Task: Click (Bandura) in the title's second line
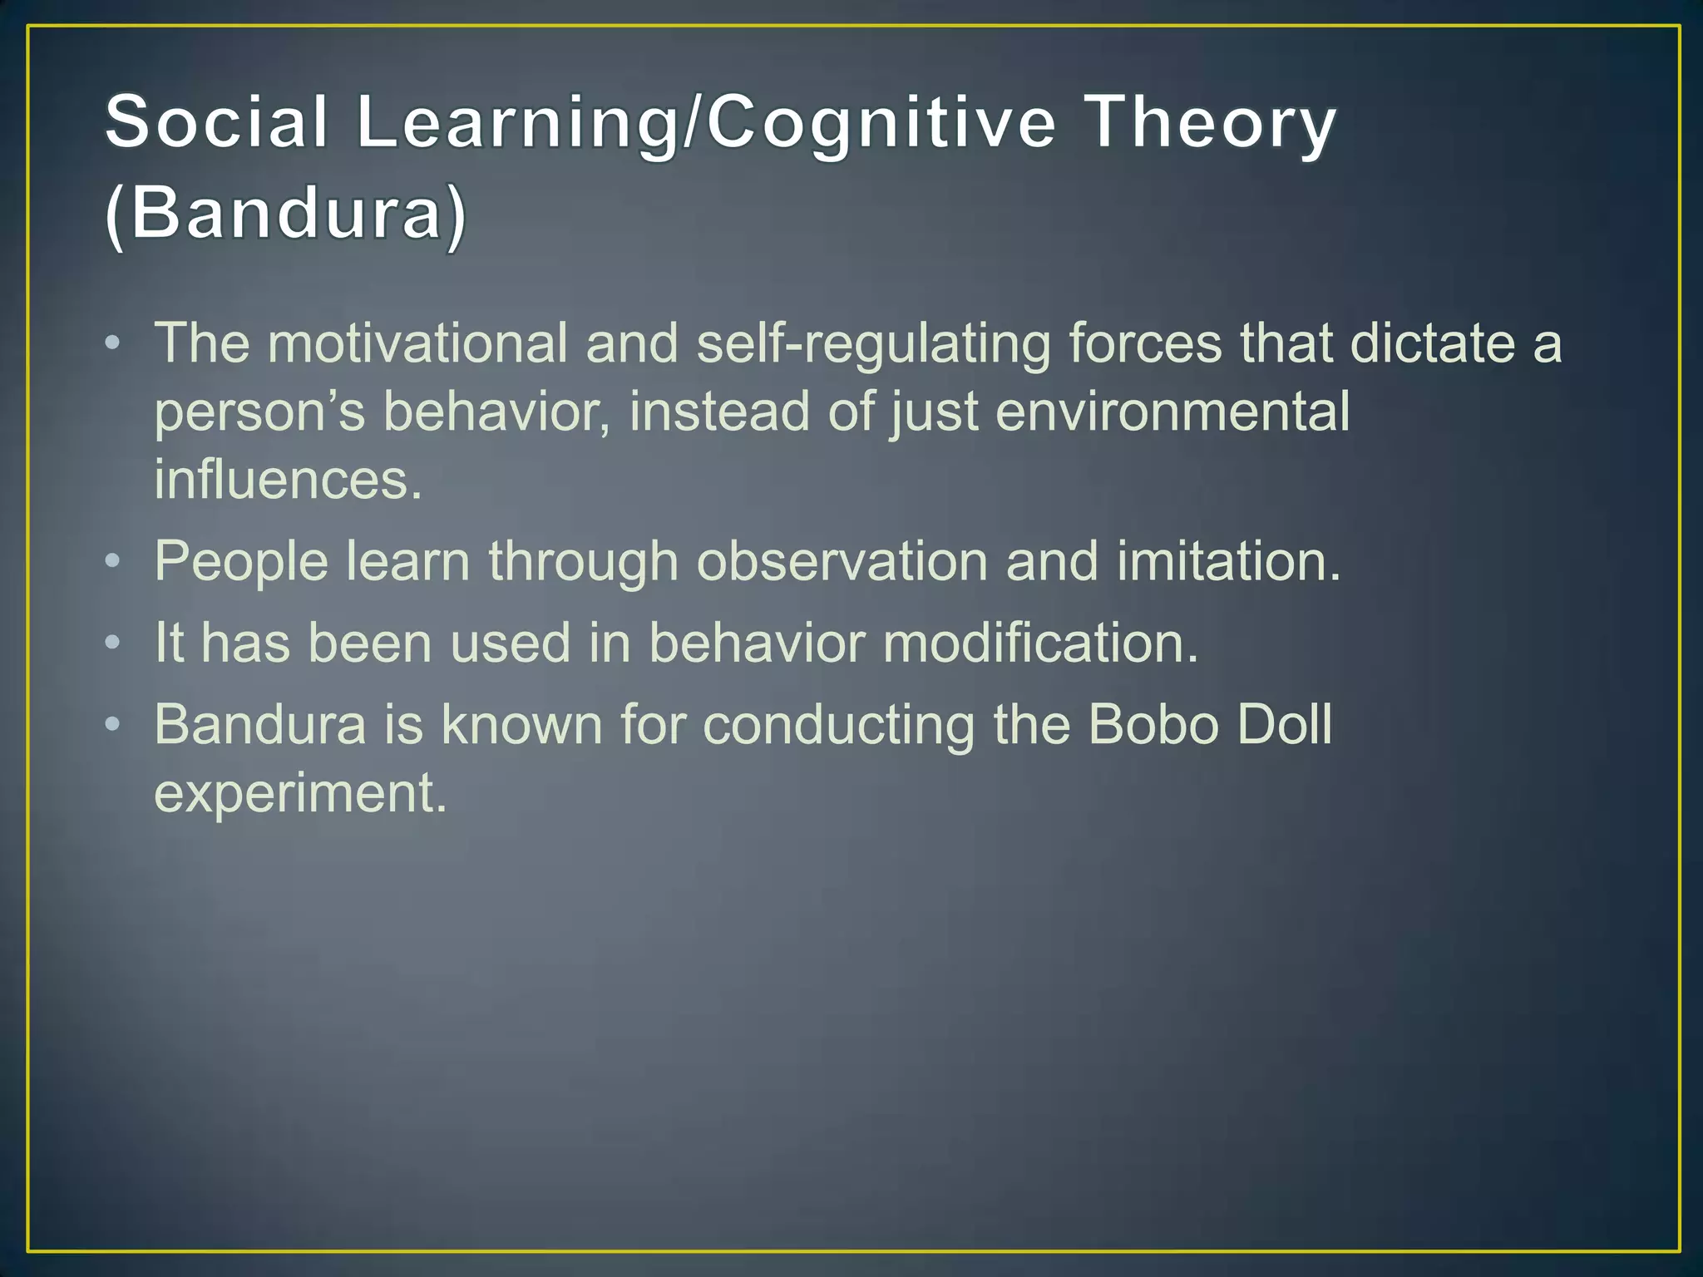pyautogui.click(x=286, y=214)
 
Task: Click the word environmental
pyautogui.click(x=1172, y=412)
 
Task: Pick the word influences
pyautogui.click(x=288, y=480)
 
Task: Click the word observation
pyautogui.click(x=842, y=561)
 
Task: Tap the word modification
pyautogui.click(x=1040, y=643)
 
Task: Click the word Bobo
pyautogui.click(x=1153, y=724)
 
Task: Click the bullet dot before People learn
pyautogui.click(x=113, y=561)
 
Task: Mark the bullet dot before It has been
pyautogui.click(x=113, y=643)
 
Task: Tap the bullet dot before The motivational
pyautogui.click(x=113, y=343)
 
